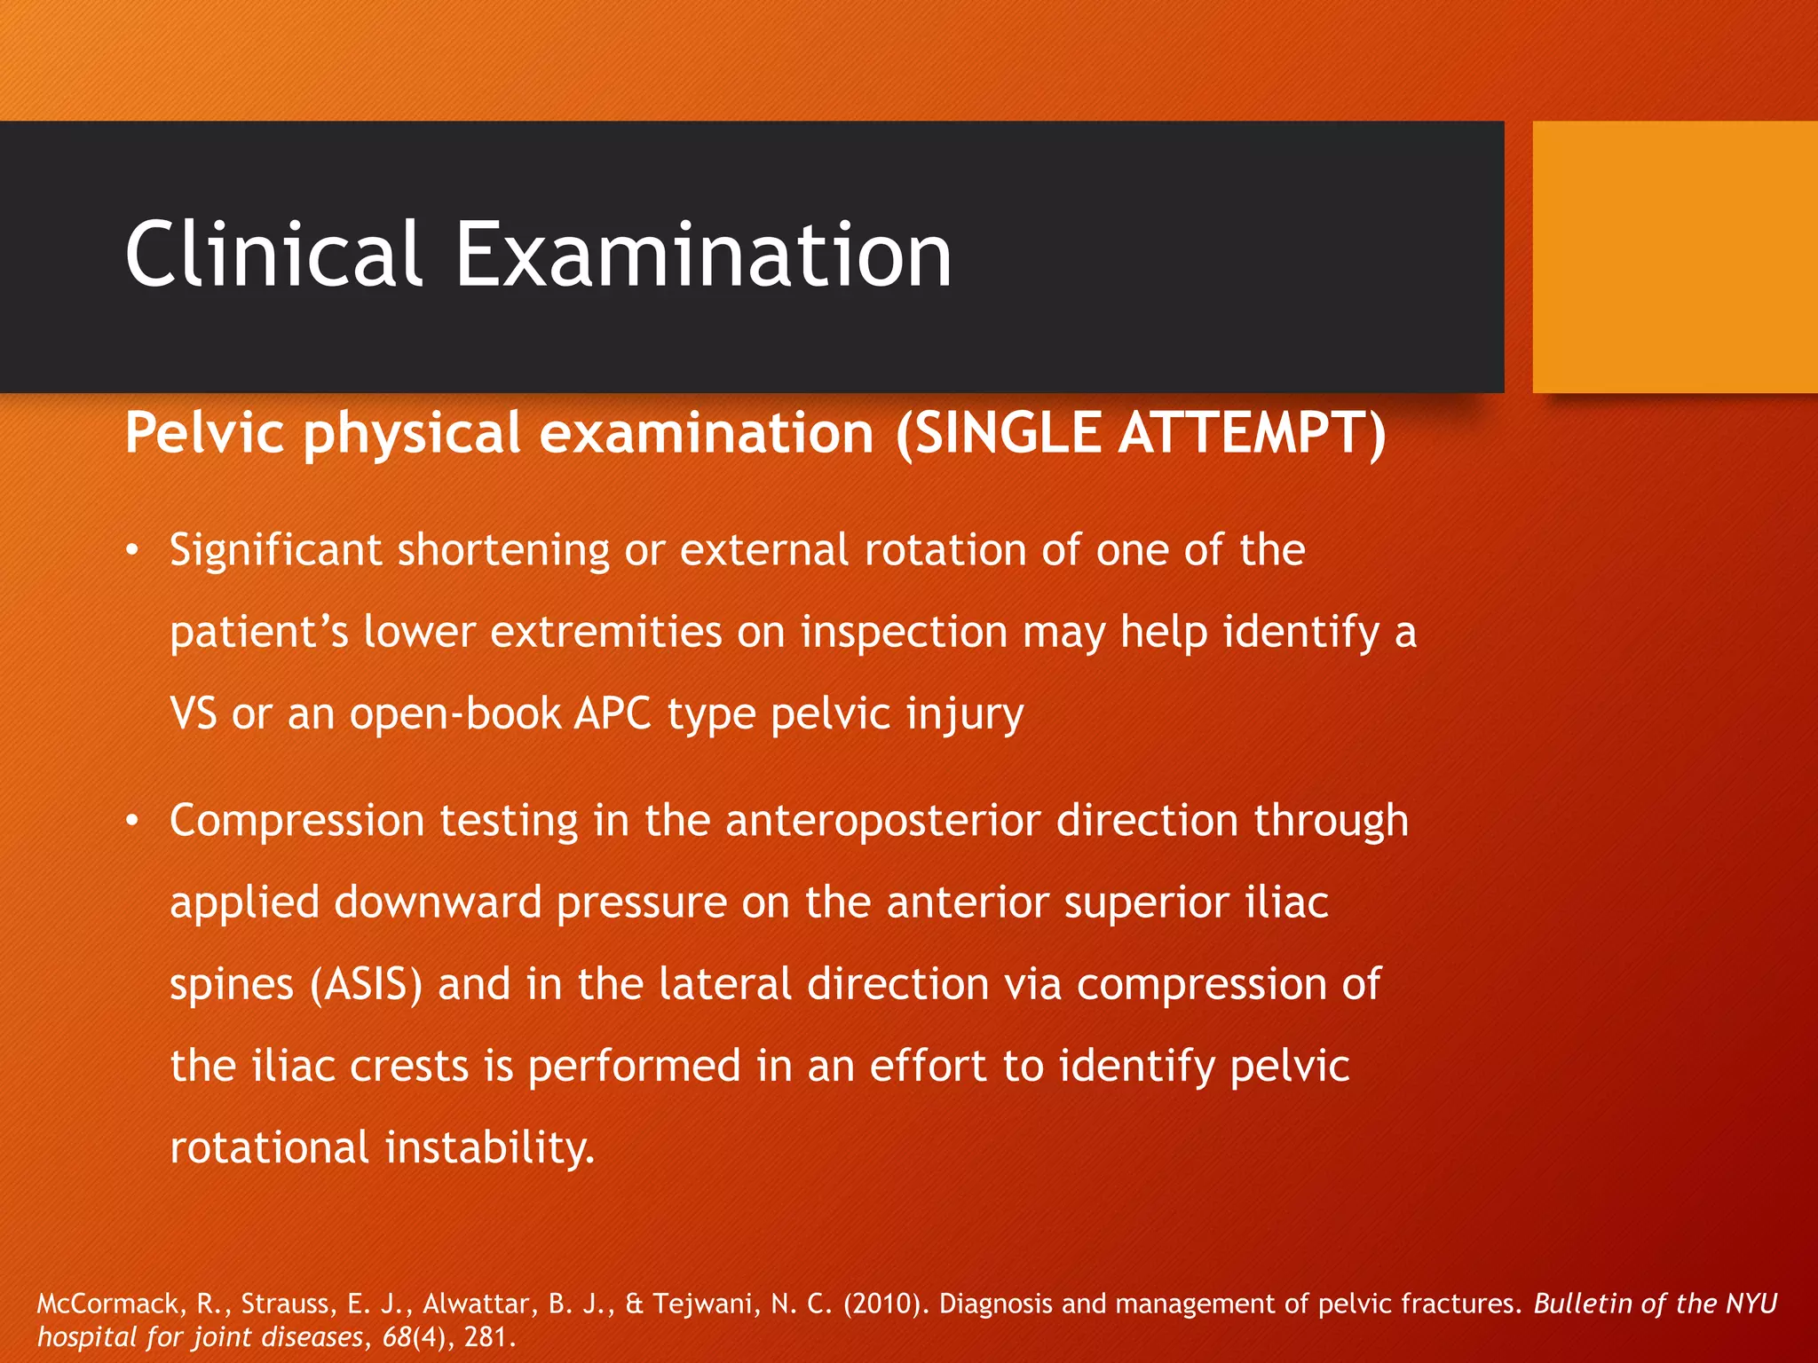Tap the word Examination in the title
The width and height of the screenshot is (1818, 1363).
coord(703,255)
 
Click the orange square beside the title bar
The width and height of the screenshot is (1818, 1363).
coord(1674,256)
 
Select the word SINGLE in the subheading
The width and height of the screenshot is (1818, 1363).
coord(1007,433)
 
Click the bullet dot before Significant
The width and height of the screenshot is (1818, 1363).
coord(132,551)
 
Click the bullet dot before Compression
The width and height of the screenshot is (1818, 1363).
coord(132,822)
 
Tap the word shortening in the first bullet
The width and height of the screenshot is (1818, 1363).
coord(503,551)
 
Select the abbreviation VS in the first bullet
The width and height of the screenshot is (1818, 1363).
coord(193,713)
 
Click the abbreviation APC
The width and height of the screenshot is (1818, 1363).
coord(613,713)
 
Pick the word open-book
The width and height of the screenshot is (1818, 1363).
coord(454,713)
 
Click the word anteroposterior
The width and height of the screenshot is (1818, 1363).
coord(882,822)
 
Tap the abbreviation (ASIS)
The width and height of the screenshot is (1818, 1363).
coord(366,985)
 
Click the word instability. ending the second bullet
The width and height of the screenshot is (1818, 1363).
coord(489,1147)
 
